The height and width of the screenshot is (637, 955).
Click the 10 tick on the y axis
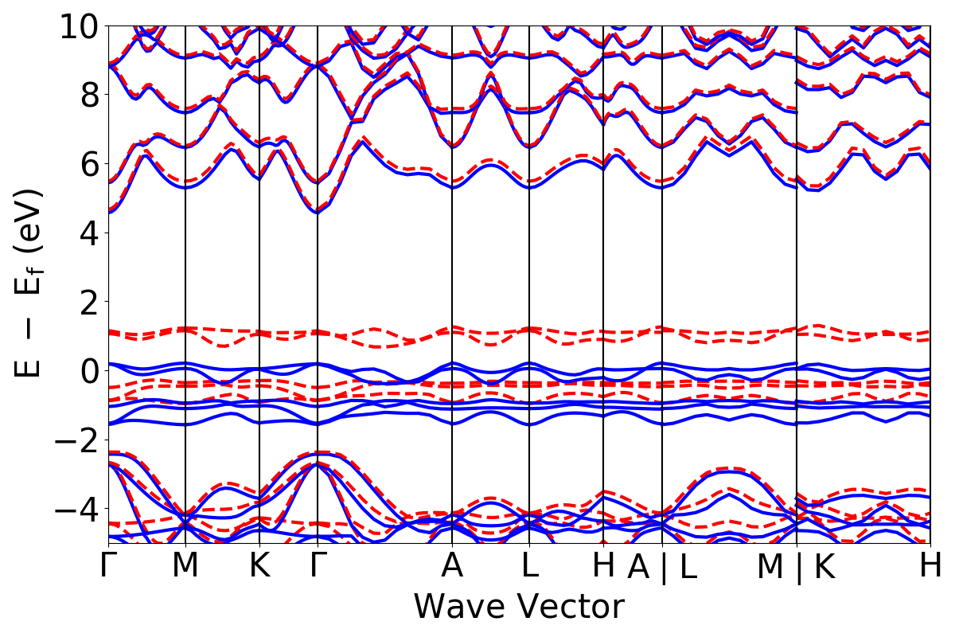click(x=78, y=26)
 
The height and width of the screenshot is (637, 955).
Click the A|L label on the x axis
click(x=662, y=567)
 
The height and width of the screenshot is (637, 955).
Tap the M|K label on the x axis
click(x=796, y=567)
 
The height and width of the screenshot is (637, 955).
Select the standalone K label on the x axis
click(x=259, y=566)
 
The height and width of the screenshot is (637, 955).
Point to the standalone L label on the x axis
click(x=530, y=566)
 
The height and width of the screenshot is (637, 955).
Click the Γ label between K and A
click(x=318, y=566)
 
